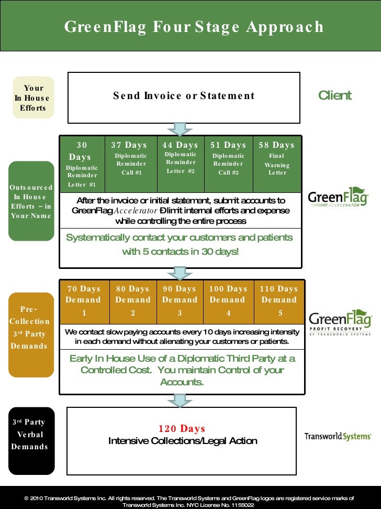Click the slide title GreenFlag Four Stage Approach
click(x=194, y=27)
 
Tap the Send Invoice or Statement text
click(x=184, y=96)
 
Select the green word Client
click(x=335, y=95)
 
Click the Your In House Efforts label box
click(x=33, y=98)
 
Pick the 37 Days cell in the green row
click(x=131, y=164)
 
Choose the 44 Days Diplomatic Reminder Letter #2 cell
click(x=180, y=164)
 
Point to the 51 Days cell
click(x=228, y=164)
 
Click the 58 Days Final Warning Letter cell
click(x=277, y=164)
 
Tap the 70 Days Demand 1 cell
click(x=84, y=301)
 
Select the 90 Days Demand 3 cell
click(x=180, y=301)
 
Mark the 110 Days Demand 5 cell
click(x=279, y=301)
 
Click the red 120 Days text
click(x=182, y=429)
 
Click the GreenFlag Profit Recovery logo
click(x=340, y=322)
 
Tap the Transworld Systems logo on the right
click(x=338, y=436)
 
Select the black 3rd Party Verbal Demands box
click(x=31, y=435)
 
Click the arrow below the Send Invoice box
click(x=180, y=128)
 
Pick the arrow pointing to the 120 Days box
click(x=180, y=400)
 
